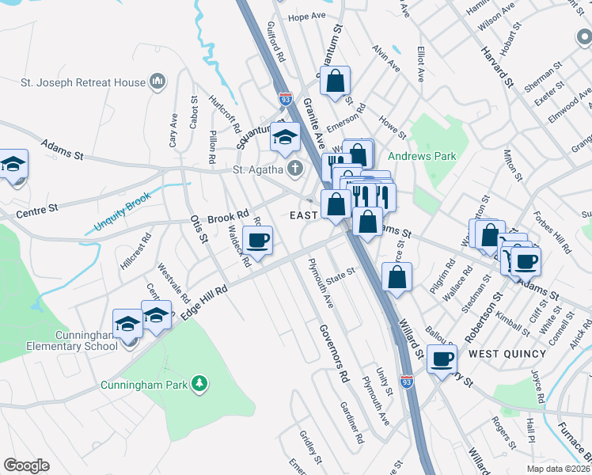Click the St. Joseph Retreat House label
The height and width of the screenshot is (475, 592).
click(x=83, y=82)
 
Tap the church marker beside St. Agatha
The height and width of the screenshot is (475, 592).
click(x=294, y=168)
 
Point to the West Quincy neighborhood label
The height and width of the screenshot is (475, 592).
click(x=503, y=351)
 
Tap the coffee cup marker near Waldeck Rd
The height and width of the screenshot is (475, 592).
click(x=257, y=239)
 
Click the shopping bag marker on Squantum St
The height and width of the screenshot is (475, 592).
click(x=336, y=80)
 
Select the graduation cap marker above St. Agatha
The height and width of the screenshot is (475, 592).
click(x=284, y=137)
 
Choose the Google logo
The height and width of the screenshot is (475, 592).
click(x=26, y=465)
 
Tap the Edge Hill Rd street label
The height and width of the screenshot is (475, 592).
click(x=203, y=302)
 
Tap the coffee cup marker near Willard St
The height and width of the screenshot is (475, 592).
click(x=442, y=359)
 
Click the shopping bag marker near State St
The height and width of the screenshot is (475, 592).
click(x=397, y=277)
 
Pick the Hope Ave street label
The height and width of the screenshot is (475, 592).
click(x=307, y=16)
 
